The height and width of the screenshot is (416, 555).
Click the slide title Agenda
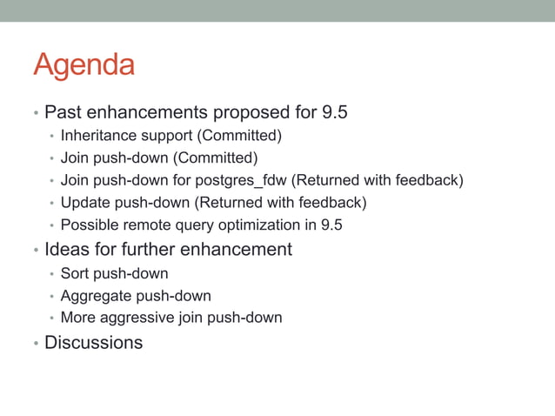point(84,66)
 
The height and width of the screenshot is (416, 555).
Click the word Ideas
point(66,250)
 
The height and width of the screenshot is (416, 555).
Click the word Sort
point(75,273)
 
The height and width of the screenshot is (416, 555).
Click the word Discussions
point(93,343)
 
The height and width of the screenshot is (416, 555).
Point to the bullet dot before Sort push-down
point(51,274)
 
